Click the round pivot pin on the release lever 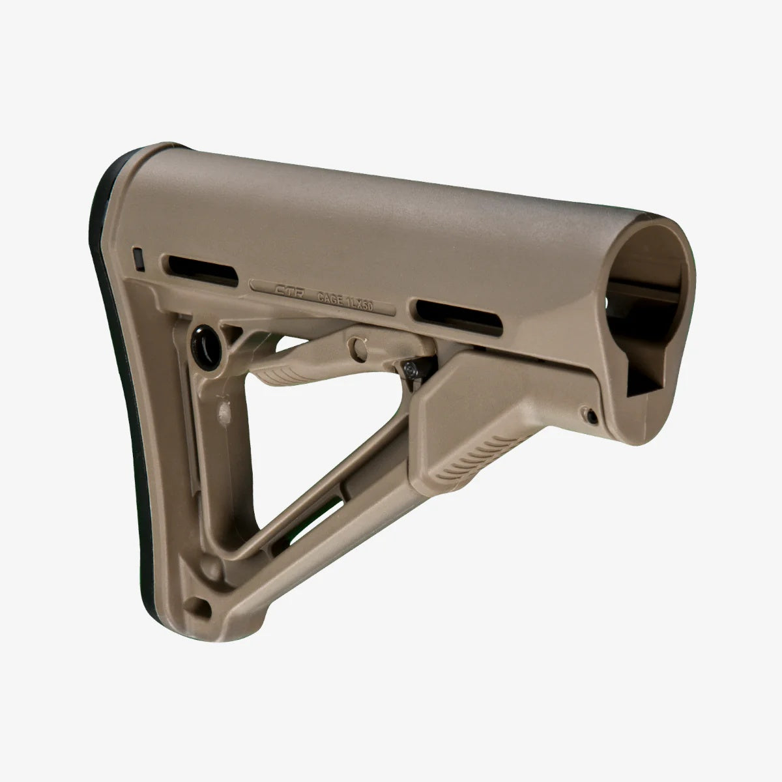click(358, 345)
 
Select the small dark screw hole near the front click(589, 415)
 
